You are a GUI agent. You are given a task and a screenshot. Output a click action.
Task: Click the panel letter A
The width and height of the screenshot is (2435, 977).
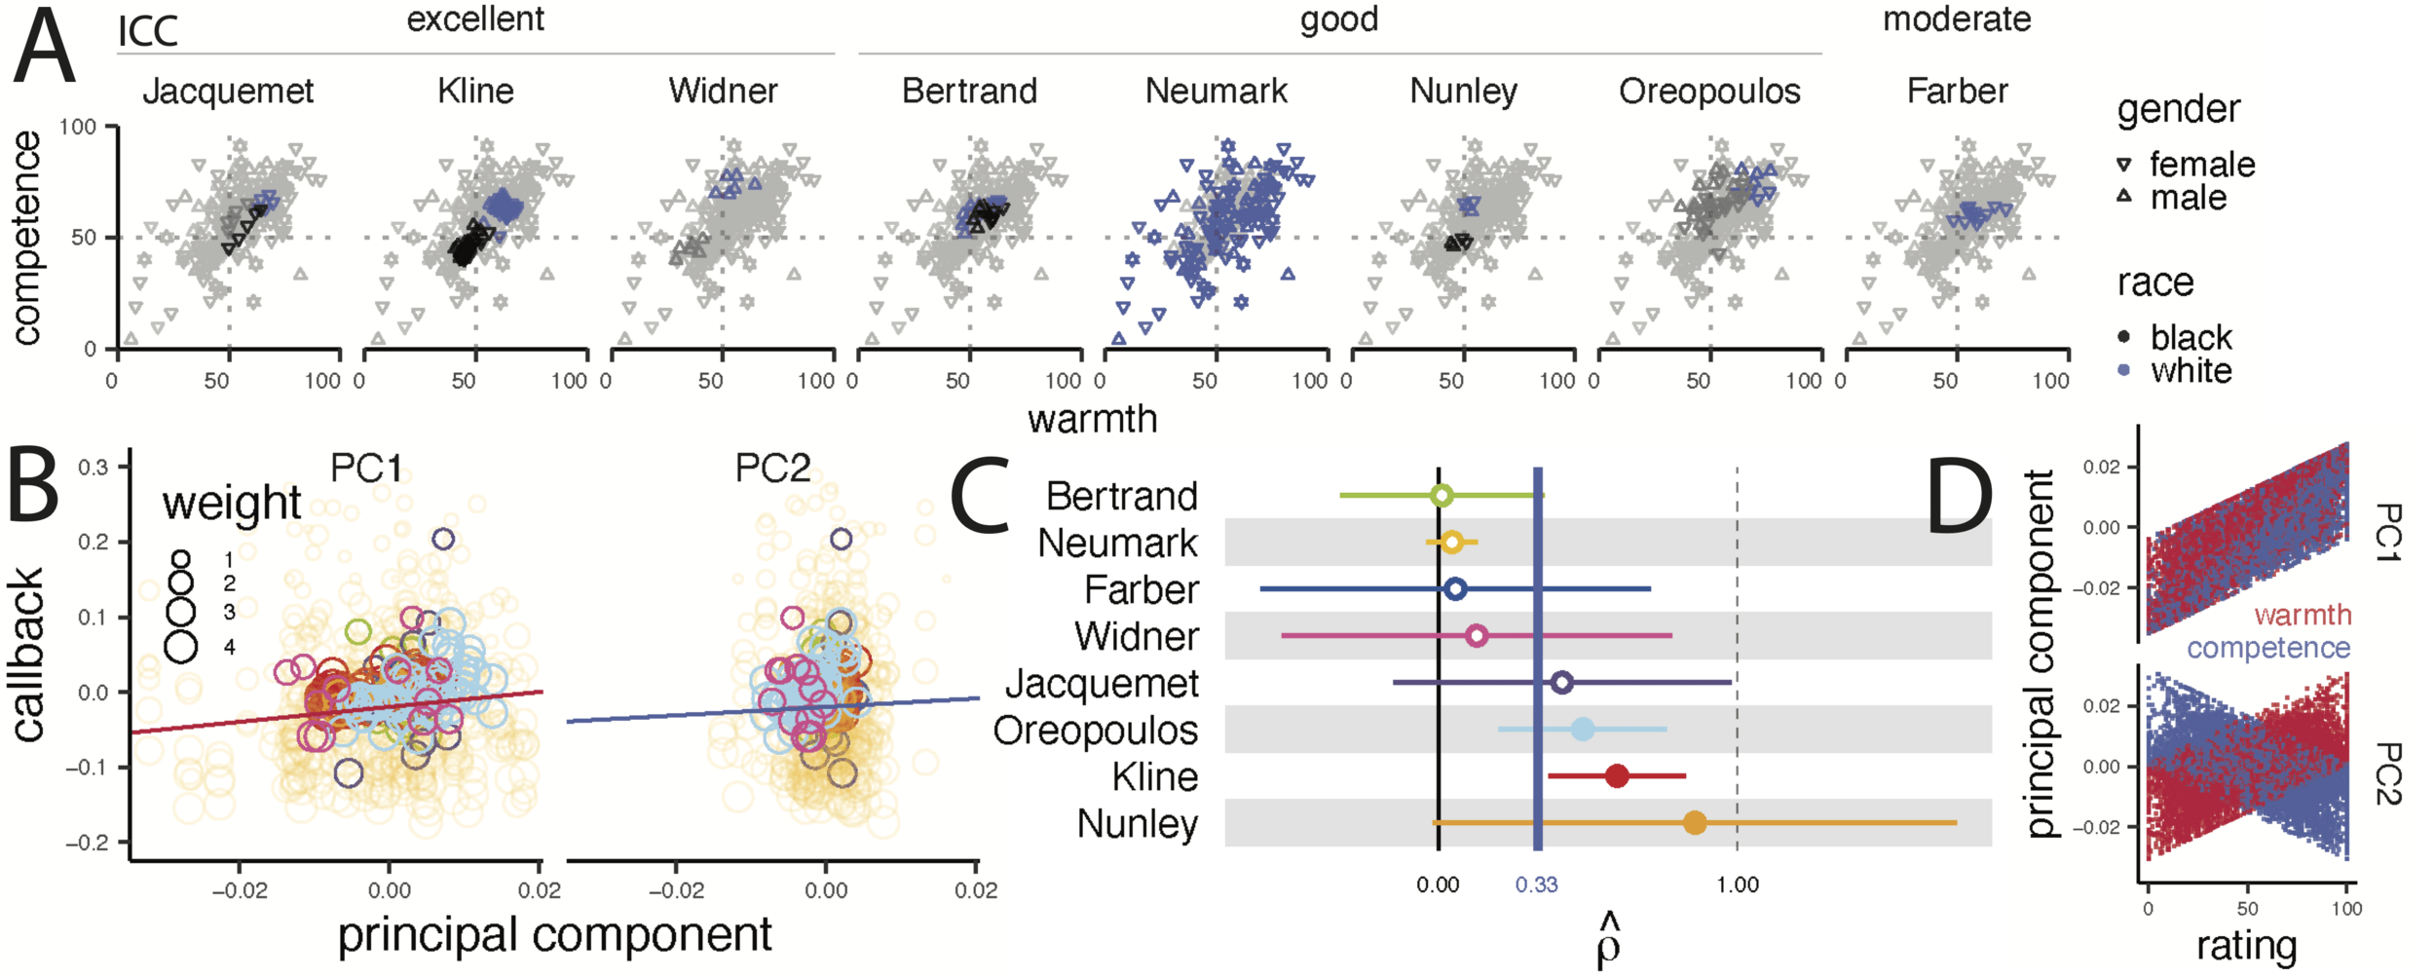(44, 49)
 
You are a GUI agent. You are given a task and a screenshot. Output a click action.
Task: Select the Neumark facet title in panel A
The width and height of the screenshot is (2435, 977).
(1216, 91)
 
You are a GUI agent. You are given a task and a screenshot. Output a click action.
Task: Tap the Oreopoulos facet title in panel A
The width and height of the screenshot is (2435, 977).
(1709, 91)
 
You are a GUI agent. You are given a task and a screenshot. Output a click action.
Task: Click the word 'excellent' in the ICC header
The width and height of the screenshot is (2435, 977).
(475, 19)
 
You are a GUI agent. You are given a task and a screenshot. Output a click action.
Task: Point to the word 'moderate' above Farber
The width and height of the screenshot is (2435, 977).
(1956, 19)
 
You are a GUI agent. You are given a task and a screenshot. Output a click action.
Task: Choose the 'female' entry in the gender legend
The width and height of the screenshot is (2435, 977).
(2202, 165)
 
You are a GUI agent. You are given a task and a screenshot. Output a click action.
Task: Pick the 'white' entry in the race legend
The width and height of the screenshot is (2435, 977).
(2191, 371)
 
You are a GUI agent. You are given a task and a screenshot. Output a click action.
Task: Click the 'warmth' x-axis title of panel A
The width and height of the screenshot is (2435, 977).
(1092, 419)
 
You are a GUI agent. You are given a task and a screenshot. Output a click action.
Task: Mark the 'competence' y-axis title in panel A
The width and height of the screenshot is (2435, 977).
(26, 238)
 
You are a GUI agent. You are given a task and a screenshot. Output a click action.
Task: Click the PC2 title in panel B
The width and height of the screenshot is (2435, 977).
(772, 469)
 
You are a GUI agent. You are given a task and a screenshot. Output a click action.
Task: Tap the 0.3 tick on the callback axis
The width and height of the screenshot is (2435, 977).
(94, 468)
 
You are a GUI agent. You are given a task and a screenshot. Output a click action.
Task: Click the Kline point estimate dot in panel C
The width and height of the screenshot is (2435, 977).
(1617, 776)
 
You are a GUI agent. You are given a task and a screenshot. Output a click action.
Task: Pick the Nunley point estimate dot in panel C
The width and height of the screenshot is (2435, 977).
(1695, 823)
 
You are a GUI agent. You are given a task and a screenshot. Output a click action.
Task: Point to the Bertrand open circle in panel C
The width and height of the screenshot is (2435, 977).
(1442, 496)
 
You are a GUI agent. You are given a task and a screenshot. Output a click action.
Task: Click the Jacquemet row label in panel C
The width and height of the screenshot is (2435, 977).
(1102, 684)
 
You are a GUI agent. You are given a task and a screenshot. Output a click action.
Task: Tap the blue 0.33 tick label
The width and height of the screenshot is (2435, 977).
(1536, 885)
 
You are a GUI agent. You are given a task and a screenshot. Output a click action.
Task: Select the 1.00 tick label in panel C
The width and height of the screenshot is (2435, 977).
(1738, 885)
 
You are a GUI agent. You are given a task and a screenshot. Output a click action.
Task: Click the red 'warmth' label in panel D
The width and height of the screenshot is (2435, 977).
(2303, 616)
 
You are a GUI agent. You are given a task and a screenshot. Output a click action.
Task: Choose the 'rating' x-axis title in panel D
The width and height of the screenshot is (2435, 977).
(2246, 946)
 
